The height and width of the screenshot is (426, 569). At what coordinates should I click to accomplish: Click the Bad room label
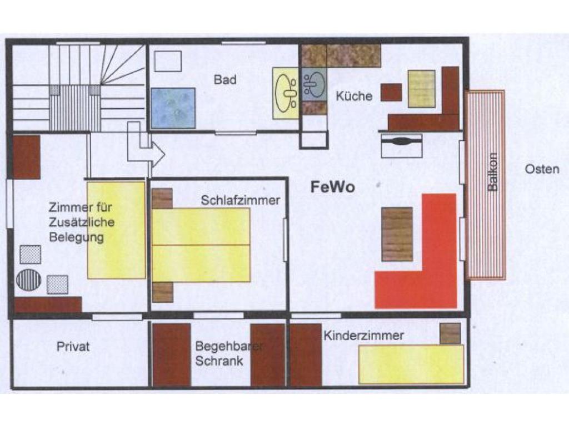pyautogui.click(x=225, y=80)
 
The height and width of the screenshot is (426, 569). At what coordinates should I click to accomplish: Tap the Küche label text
pyautogui.click(x=354, y=96)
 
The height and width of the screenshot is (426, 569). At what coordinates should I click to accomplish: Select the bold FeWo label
pyautogui.click(x=333, y=187)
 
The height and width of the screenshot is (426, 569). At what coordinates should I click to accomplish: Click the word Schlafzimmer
pyautogui.click(x=240, y=200)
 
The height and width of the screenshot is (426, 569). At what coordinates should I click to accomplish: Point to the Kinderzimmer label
pyautogui.click(x=363, y=336)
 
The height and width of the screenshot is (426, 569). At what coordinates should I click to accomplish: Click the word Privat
pyautogui.click(x=73, y=346)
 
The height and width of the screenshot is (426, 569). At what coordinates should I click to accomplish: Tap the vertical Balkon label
pyautogui.click(x=492, y=172)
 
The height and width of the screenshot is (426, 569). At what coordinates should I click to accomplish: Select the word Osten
pyautogui.click(x=542, y=169)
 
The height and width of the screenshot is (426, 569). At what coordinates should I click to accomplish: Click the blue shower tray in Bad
pyautogui.click(x=173, y=108)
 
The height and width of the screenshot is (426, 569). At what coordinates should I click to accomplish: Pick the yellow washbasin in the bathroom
pyautogui.click(x=286, y=93)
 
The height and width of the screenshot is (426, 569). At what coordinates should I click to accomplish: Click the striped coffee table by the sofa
pyautogui.click(x=397, y=235)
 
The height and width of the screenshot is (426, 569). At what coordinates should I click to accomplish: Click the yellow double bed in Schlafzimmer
pyautogui.click(x=201, y=245)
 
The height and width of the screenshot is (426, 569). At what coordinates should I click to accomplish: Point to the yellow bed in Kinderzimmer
pyautogui.click(x=411, y=364)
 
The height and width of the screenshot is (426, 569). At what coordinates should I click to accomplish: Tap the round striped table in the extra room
pyautogui.click(x=29, y=280)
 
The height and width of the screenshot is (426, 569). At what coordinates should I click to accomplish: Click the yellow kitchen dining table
pyautogui.click(x=421, y=89)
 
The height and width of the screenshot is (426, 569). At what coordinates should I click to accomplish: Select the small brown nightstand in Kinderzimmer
pyautogui.click(x=450, y=333)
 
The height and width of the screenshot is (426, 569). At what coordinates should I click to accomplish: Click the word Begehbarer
pyautogui.click(x=229, y=346)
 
